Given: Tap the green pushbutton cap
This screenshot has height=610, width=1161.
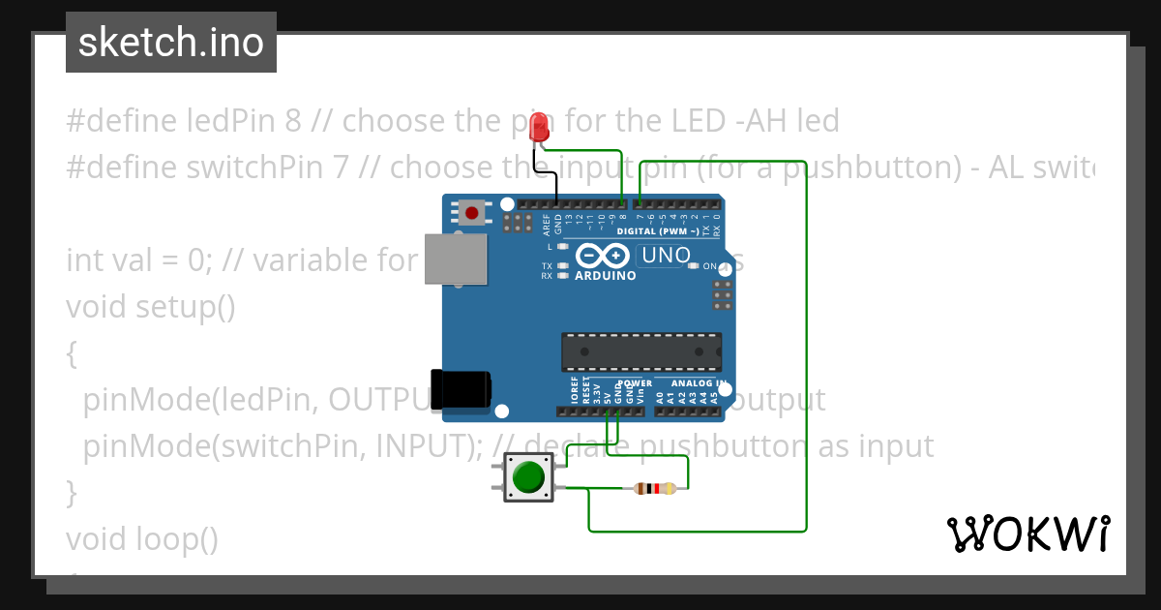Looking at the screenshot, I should [x=528, y=477].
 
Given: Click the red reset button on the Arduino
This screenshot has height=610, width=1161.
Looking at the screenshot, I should [x=471, y=212].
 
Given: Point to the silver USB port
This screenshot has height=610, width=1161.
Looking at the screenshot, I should [x=455, y=259].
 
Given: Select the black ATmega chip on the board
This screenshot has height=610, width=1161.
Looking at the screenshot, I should [x=641, y=351].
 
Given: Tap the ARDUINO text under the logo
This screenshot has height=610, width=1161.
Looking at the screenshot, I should [x=606, y=275].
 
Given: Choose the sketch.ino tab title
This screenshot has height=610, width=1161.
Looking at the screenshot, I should [x=171, y=43].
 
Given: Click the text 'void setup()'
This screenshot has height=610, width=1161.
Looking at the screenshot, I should [x=151, y=307].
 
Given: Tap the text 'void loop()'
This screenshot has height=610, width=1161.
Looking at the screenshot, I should [x=142, y=538].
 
